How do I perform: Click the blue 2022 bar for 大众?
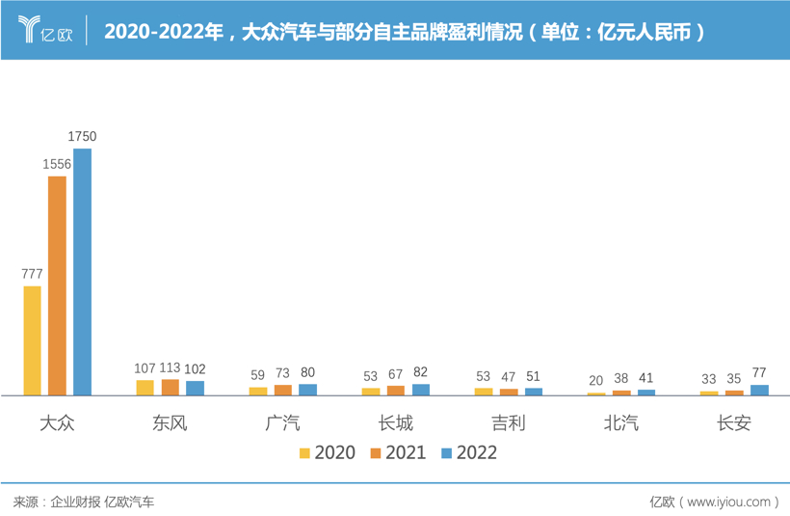click(x=83, y=272)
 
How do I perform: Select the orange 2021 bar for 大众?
click(x=58, y=285)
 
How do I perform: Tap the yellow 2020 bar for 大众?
click(x=33, y=340)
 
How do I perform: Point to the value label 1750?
click(x=83, y=137)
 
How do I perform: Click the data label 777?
click(x=32, y=274)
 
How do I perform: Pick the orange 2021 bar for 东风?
click(x=171, y=388)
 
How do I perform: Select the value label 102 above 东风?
click(x=195, y=368)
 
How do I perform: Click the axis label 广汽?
click(x=283, y=422)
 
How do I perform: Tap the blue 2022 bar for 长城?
click(x=421, y=390)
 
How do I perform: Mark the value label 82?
click(x=420, y=372)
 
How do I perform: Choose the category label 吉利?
click(x=509, y=422)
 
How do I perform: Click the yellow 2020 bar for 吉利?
click(x=484, y=392)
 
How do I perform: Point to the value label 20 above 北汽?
click(x=596, y=380)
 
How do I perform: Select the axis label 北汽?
click(x=621, y=422)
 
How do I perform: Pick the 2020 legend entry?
click(x=327, y=452)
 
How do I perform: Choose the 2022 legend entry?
click(x=469, y=452)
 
